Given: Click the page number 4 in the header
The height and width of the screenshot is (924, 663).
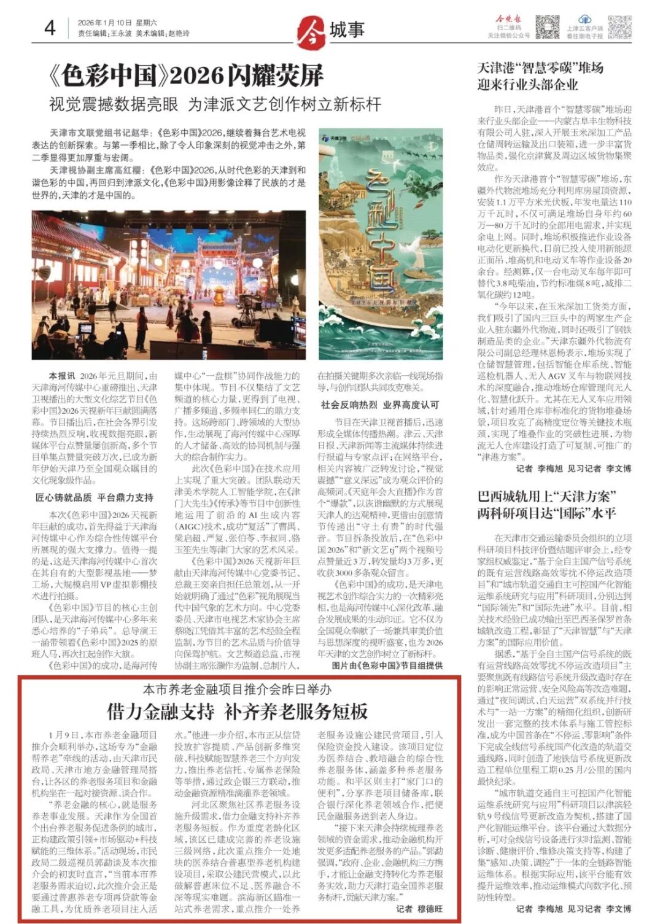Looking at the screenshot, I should click(x=50, y=28).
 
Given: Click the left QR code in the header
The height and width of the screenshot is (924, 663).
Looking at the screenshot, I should click(x=547, y=27).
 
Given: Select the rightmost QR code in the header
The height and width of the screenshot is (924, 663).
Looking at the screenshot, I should click(x=619, y=27).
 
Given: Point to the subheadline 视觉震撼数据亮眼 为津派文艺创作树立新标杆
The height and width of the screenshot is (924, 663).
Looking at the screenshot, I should click(x=215, y=104).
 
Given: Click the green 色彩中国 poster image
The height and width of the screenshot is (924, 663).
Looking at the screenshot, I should click(x=381, y=243).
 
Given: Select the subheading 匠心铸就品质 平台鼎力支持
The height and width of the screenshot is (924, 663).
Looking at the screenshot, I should click(x=95, y=497).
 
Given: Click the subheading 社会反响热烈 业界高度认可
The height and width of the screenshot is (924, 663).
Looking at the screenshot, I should click(x=380, y=405).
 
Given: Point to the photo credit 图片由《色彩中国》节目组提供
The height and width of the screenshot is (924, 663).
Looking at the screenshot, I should click(x=387, y=666).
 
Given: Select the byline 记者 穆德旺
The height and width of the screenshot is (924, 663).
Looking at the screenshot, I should click(x=419, y=909).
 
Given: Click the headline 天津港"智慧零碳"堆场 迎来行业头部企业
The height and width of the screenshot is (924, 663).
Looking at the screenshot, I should click(x=540, y=76).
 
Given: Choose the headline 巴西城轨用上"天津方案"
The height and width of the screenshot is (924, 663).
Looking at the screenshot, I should click(x=547, y=496).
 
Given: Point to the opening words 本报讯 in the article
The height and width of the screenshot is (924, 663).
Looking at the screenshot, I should click(x=62, y=376).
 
